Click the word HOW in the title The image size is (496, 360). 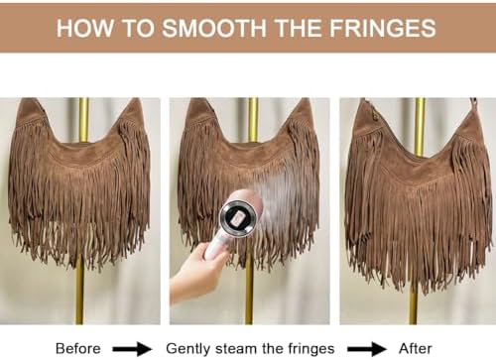[84, 28]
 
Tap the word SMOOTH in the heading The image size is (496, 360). [214, 28]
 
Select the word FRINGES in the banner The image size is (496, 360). [383, 28]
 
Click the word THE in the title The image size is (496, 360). [299, 28]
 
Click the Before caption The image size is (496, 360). [78, 348]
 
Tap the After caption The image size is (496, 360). [416, 348]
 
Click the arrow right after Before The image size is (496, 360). [132, 349]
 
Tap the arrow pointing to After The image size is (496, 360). [367, 349]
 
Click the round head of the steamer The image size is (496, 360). [238, 217]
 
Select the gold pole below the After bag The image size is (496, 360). [413, 305]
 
